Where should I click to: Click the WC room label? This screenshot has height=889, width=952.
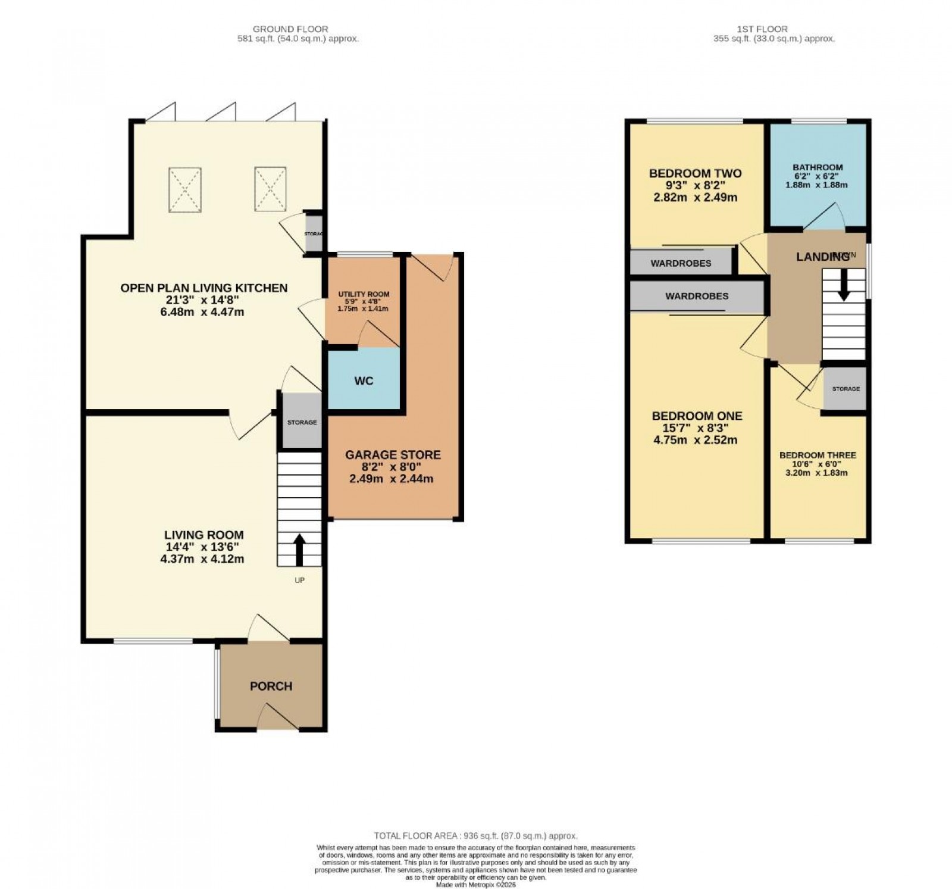click(364, 380)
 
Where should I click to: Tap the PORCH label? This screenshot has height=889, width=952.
click(271, 686)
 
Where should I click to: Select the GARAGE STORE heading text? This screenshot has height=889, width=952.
click(393, 455)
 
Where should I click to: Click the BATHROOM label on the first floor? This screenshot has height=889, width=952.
click(818, 167)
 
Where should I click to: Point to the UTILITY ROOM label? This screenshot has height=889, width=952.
click(364, 294)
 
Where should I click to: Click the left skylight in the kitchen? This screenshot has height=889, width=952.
click(185, 189)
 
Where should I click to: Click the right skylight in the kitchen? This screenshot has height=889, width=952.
click(271, 188)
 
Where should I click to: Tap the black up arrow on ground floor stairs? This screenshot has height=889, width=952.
click(299, 549)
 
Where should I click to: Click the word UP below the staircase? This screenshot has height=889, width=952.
click(299, 579)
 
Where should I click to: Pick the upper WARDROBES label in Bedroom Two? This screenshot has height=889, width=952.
click(681, 263)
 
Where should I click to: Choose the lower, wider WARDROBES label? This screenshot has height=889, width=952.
click(697, 296)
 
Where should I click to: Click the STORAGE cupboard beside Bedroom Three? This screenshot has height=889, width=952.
click(845, 389)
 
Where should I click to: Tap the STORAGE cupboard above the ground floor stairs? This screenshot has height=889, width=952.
click(302, 422)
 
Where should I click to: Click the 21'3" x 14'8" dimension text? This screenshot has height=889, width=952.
click(203, 300)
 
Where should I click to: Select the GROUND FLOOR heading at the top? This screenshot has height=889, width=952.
click(290, 29)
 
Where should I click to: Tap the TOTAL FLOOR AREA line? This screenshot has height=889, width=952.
click(475, 835)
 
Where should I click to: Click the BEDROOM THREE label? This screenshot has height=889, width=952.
click(818, 455)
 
